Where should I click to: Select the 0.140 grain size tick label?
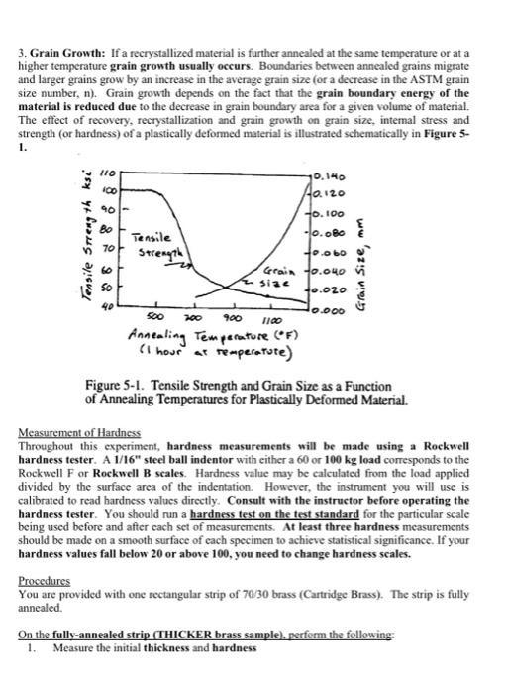tap(326, 176)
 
